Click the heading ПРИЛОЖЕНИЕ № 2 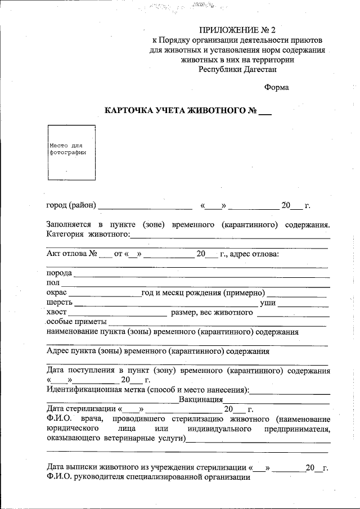pyautogui.click(x=238, y=30)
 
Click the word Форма pyautogui.click(x=276, y=87)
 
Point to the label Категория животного pyautogui.click(x=88, y=235)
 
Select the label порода pyautogui.click(x=59, y=273)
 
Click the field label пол pyautogui.click(x=53, y=283)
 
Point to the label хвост pyautogui.click(x=57, y=312)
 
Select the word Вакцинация pyautogui.click(x=201, y=399)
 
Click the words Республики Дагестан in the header pyautogui.click(x=237, y=69)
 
